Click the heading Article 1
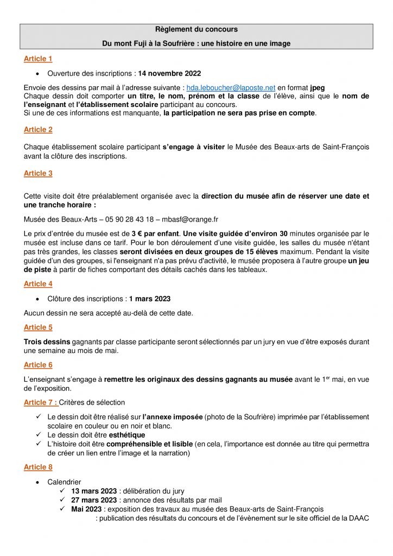tap(38, 59)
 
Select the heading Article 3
tap(38, 173)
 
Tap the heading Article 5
tap(38, 327)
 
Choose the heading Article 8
tap(38, 467)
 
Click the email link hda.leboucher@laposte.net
tap(231, 87)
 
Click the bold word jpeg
tap(318, 87)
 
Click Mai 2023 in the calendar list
tap(87, 509)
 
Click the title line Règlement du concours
tap(196, 29)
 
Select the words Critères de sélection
tap(92, 402)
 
